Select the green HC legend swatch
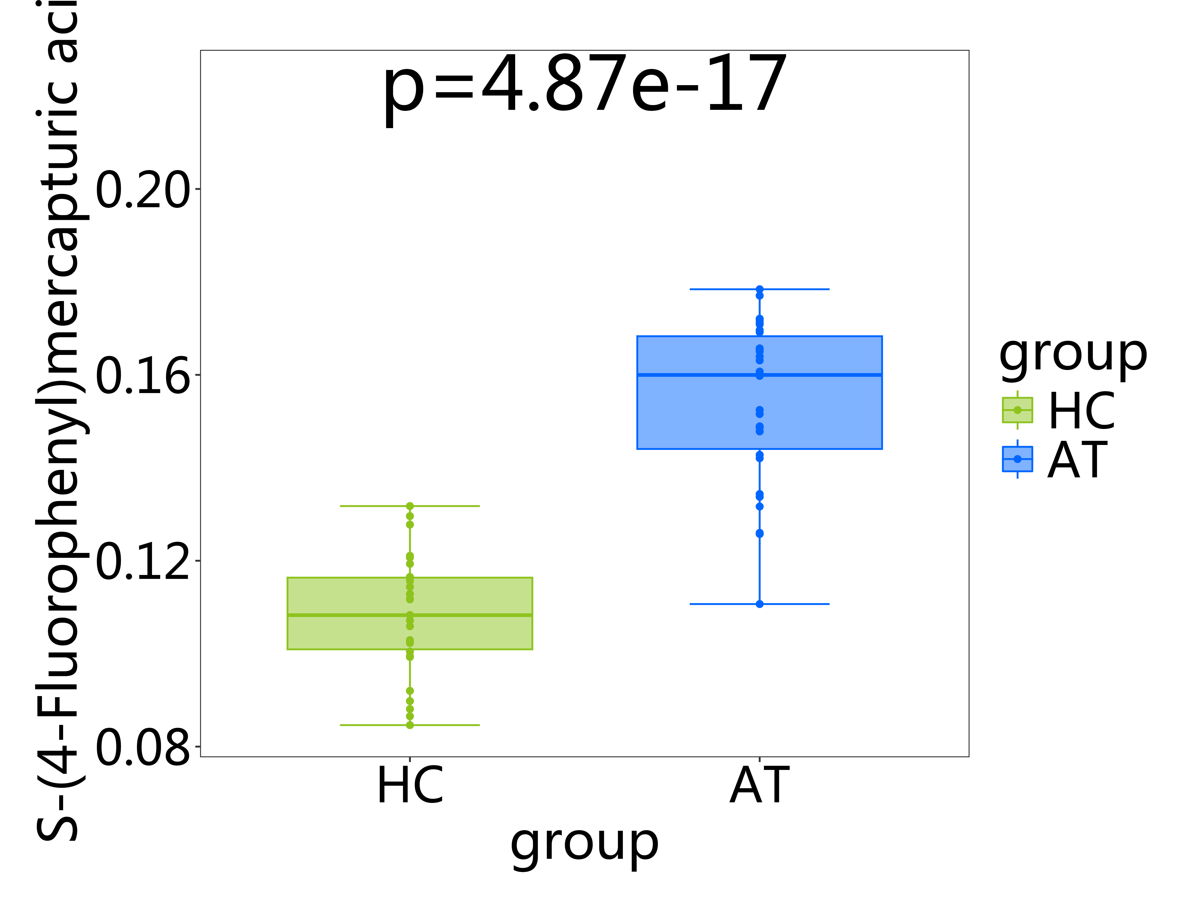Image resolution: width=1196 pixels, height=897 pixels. [x=1017, y=410]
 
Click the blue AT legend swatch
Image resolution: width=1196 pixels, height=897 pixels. [x=1017, y=459]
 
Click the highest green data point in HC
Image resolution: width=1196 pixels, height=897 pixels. [x=410, y=506]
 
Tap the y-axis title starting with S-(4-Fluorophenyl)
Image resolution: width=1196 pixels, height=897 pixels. [x=57, y=422]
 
